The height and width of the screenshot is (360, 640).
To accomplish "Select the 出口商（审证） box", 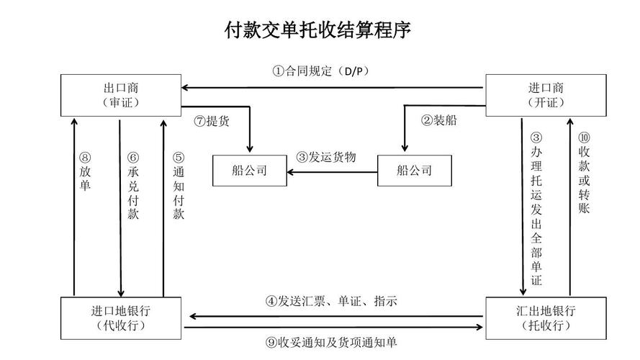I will [121, 94].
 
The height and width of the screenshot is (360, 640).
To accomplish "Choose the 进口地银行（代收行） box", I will [121, 317].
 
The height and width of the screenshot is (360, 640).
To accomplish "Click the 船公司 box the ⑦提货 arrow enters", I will [250, 171].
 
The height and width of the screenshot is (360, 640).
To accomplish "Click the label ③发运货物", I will [326, 157].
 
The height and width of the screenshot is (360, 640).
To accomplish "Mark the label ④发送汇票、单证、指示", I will [330, 301].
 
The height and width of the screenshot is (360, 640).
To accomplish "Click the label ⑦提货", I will [212, 120].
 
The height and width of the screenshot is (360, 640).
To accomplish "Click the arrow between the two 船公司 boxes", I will [333, 171].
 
